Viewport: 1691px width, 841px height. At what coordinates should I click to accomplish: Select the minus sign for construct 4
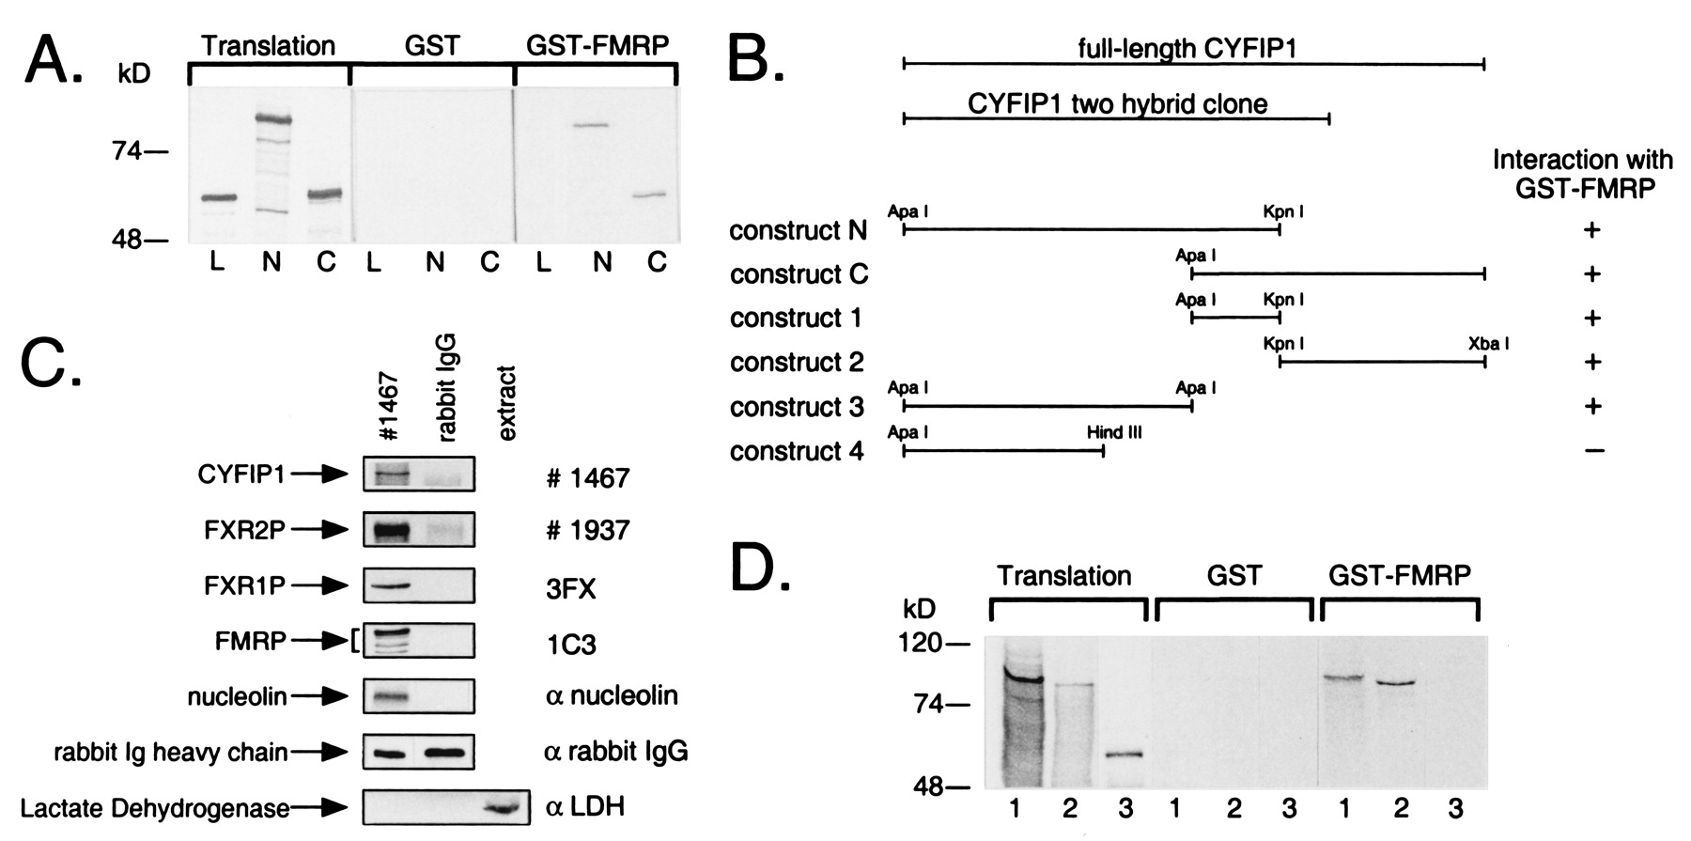click(1593, 451)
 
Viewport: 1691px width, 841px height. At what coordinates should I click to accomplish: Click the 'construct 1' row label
click(796, 319)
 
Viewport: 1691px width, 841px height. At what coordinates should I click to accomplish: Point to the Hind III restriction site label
click(1114, 432)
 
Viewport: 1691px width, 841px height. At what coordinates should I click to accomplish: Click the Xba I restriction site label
click(1488, 344)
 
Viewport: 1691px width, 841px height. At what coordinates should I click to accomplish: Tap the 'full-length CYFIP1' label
click(1187, 48)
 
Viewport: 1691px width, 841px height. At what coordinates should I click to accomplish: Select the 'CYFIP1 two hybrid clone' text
click(1118, 103)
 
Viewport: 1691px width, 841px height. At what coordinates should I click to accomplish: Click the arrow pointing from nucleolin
click(318, 696)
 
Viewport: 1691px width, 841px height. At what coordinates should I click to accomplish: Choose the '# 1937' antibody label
click(587, 531)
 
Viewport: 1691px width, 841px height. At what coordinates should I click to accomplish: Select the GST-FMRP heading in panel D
click(1400, 575)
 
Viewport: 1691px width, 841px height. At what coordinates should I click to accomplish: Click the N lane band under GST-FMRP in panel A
click(590, 125)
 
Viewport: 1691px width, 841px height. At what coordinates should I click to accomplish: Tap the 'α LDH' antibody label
click(584, 807)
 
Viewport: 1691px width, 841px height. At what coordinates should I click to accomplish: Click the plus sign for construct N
click(1591, 230)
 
